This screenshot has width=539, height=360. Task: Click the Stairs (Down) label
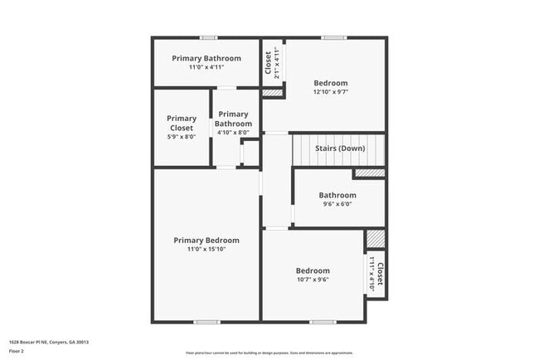click(x=340, y=148)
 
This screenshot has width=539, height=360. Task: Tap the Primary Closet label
click(x=182, y=124)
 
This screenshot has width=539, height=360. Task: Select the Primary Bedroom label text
click(x=206, y=241)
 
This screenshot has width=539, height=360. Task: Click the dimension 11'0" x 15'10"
click(x=206, y=249)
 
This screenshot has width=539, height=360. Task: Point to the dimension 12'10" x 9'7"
click(x=330, y=92)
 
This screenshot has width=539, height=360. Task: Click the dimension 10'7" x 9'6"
click(x=313, y=280)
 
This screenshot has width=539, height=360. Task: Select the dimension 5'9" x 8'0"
click(x=182, y=138)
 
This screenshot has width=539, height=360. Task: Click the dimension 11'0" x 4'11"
click(x=206, y=67)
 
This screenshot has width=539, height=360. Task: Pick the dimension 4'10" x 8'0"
click(x=233, y=133)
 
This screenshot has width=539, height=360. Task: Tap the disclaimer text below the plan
click(x=269, y=352)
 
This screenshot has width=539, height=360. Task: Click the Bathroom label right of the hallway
click(x=337, y=196)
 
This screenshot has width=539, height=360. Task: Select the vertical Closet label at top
click(x=268, y=63)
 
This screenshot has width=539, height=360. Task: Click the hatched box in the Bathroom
click(x=369, y=173)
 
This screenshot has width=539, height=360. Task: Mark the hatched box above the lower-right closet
click(x=375, y=238)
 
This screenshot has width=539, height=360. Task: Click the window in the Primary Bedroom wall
click(x=206, y=322)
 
